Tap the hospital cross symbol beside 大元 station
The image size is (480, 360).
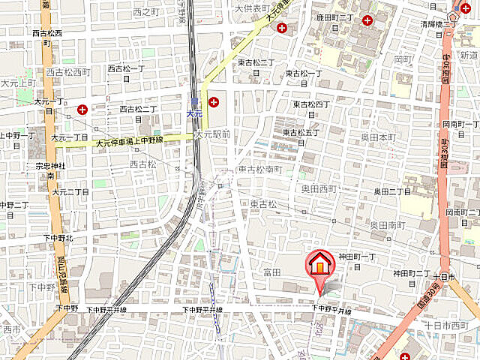[214, 102]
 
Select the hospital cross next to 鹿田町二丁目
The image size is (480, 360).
[367, 20]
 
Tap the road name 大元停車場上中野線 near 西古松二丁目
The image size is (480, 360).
[133, 141]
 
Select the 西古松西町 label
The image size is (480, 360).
[68, 72]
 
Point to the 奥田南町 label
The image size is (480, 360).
[387, 225]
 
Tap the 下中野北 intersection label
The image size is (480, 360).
[58, 238]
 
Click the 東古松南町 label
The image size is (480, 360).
[260, 169]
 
